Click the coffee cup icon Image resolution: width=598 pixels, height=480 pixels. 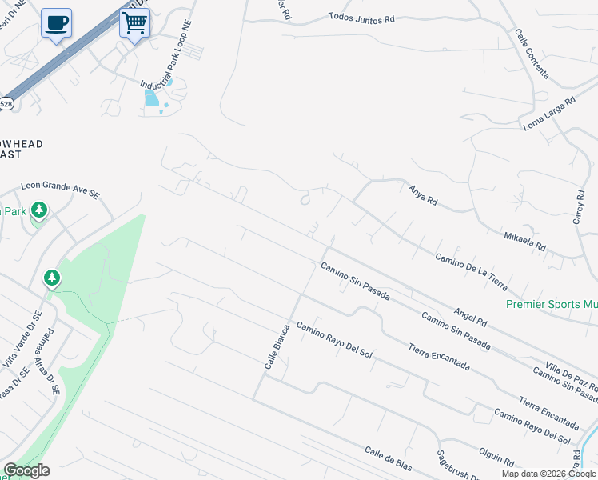coord(55,22)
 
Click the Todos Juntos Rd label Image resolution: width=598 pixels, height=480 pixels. coord(361,17)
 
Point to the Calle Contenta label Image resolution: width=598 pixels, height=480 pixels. coord(532,54)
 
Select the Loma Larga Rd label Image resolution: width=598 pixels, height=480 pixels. coord(549,114)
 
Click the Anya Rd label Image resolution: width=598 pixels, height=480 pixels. coord(423,194)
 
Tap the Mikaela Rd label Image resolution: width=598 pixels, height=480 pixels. coord(524,241)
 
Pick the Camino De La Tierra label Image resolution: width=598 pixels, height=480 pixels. coord(472,271)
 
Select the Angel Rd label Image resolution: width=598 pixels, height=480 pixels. coord(470,317)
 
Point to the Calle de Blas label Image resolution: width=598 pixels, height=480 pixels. coord(388,458)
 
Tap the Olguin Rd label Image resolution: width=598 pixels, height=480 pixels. coord(497,459)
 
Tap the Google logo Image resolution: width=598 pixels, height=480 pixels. coord(26,470)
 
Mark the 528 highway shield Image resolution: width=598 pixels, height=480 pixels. coord(6,103)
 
